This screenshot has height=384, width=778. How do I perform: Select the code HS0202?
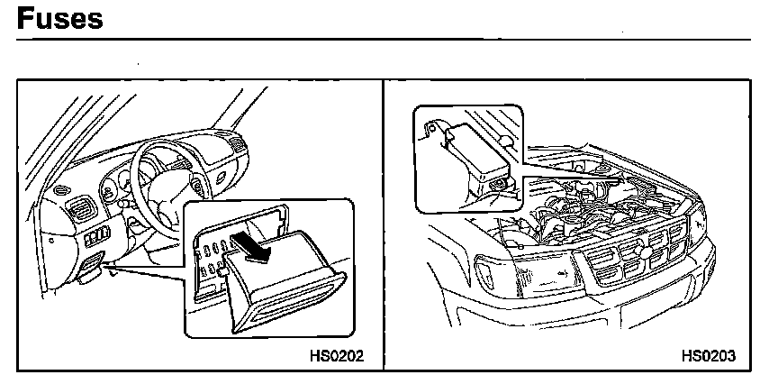[x=336, y=355]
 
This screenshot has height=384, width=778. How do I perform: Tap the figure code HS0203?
[x=708, y=355]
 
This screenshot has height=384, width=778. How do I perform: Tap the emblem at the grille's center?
[x=633, y=249]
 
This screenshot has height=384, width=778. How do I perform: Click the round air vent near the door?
[x=59, y=192]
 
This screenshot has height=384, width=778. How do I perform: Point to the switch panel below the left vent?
[x=97, y=239]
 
